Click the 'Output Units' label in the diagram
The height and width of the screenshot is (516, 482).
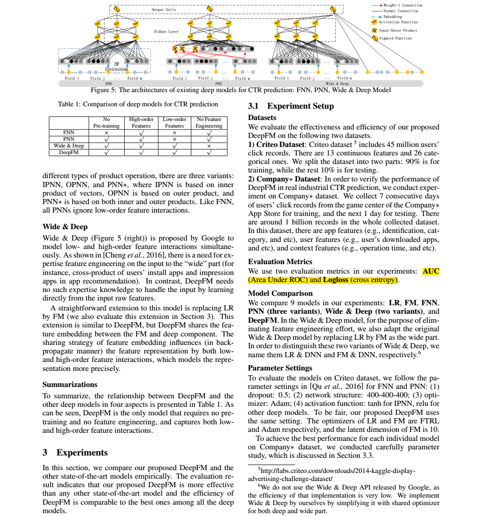click(164, 9)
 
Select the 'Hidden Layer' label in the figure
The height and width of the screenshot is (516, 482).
click(166, 32)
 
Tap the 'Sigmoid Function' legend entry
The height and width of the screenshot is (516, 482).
click(396, 38)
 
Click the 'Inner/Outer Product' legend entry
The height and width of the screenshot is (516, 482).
click(398, 30)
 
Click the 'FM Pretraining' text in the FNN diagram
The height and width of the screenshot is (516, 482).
click(116, 66)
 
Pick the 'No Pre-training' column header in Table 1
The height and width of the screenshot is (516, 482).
click(106, 123)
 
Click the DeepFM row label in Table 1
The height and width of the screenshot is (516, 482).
click(69, 153)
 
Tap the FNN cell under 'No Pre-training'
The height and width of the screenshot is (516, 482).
click(106, 133)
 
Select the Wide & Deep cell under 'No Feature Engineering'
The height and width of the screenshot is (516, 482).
click(209, 146)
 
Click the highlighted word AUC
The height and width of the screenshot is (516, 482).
click(430, 271)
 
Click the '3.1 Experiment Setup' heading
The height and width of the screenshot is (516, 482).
click(291, 106)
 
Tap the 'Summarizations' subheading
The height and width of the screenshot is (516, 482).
click(70, 384)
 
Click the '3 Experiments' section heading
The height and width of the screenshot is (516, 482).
click(75, 452)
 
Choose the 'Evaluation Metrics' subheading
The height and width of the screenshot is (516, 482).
click(280, 261)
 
